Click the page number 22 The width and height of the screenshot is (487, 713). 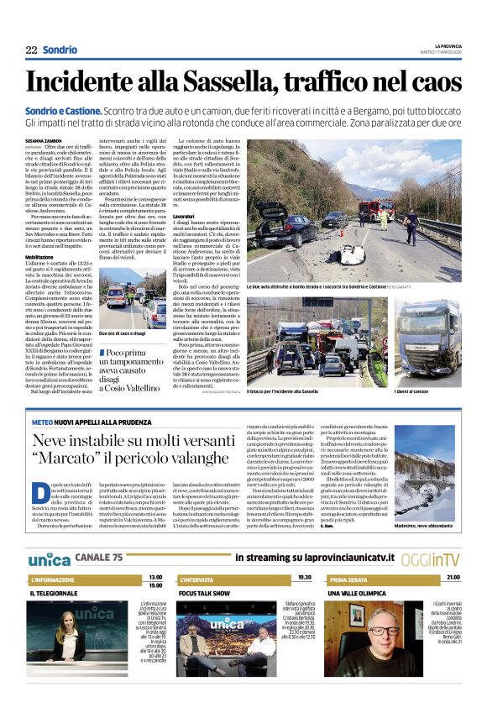tap(31, 50)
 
